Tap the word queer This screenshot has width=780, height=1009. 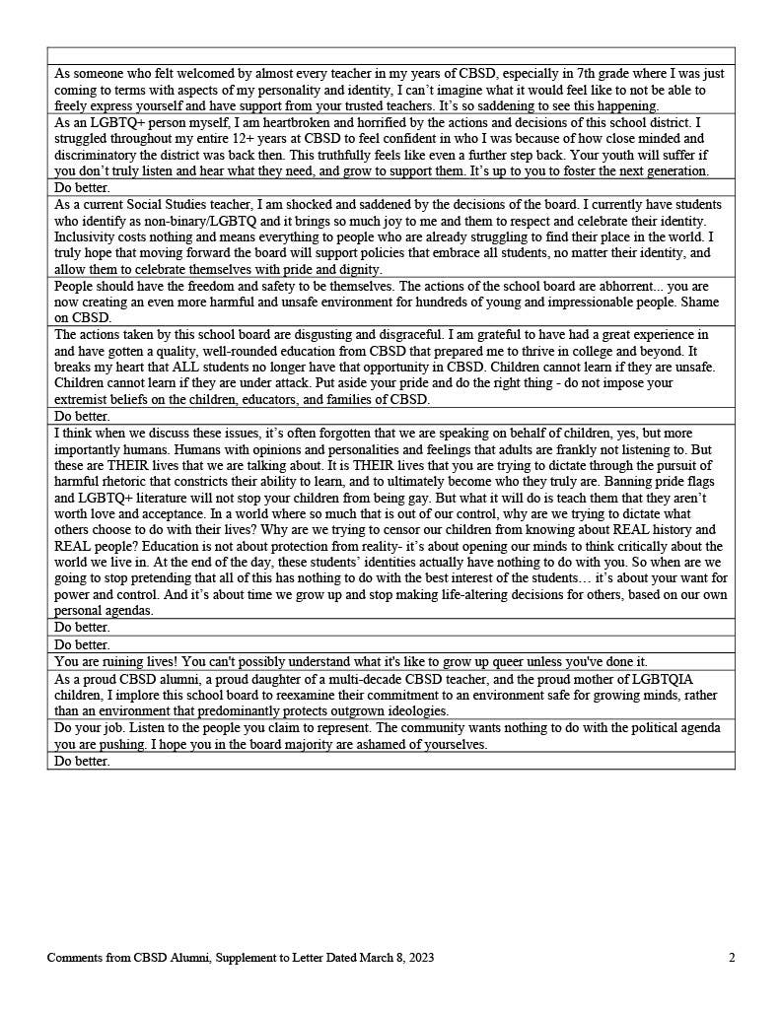(489, 662)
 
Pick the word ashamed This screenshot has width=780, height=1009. (348, 744)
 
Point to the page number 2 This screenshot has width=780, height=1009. (732, 958)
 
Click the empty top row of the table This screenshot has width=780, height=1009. (390, 55)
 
